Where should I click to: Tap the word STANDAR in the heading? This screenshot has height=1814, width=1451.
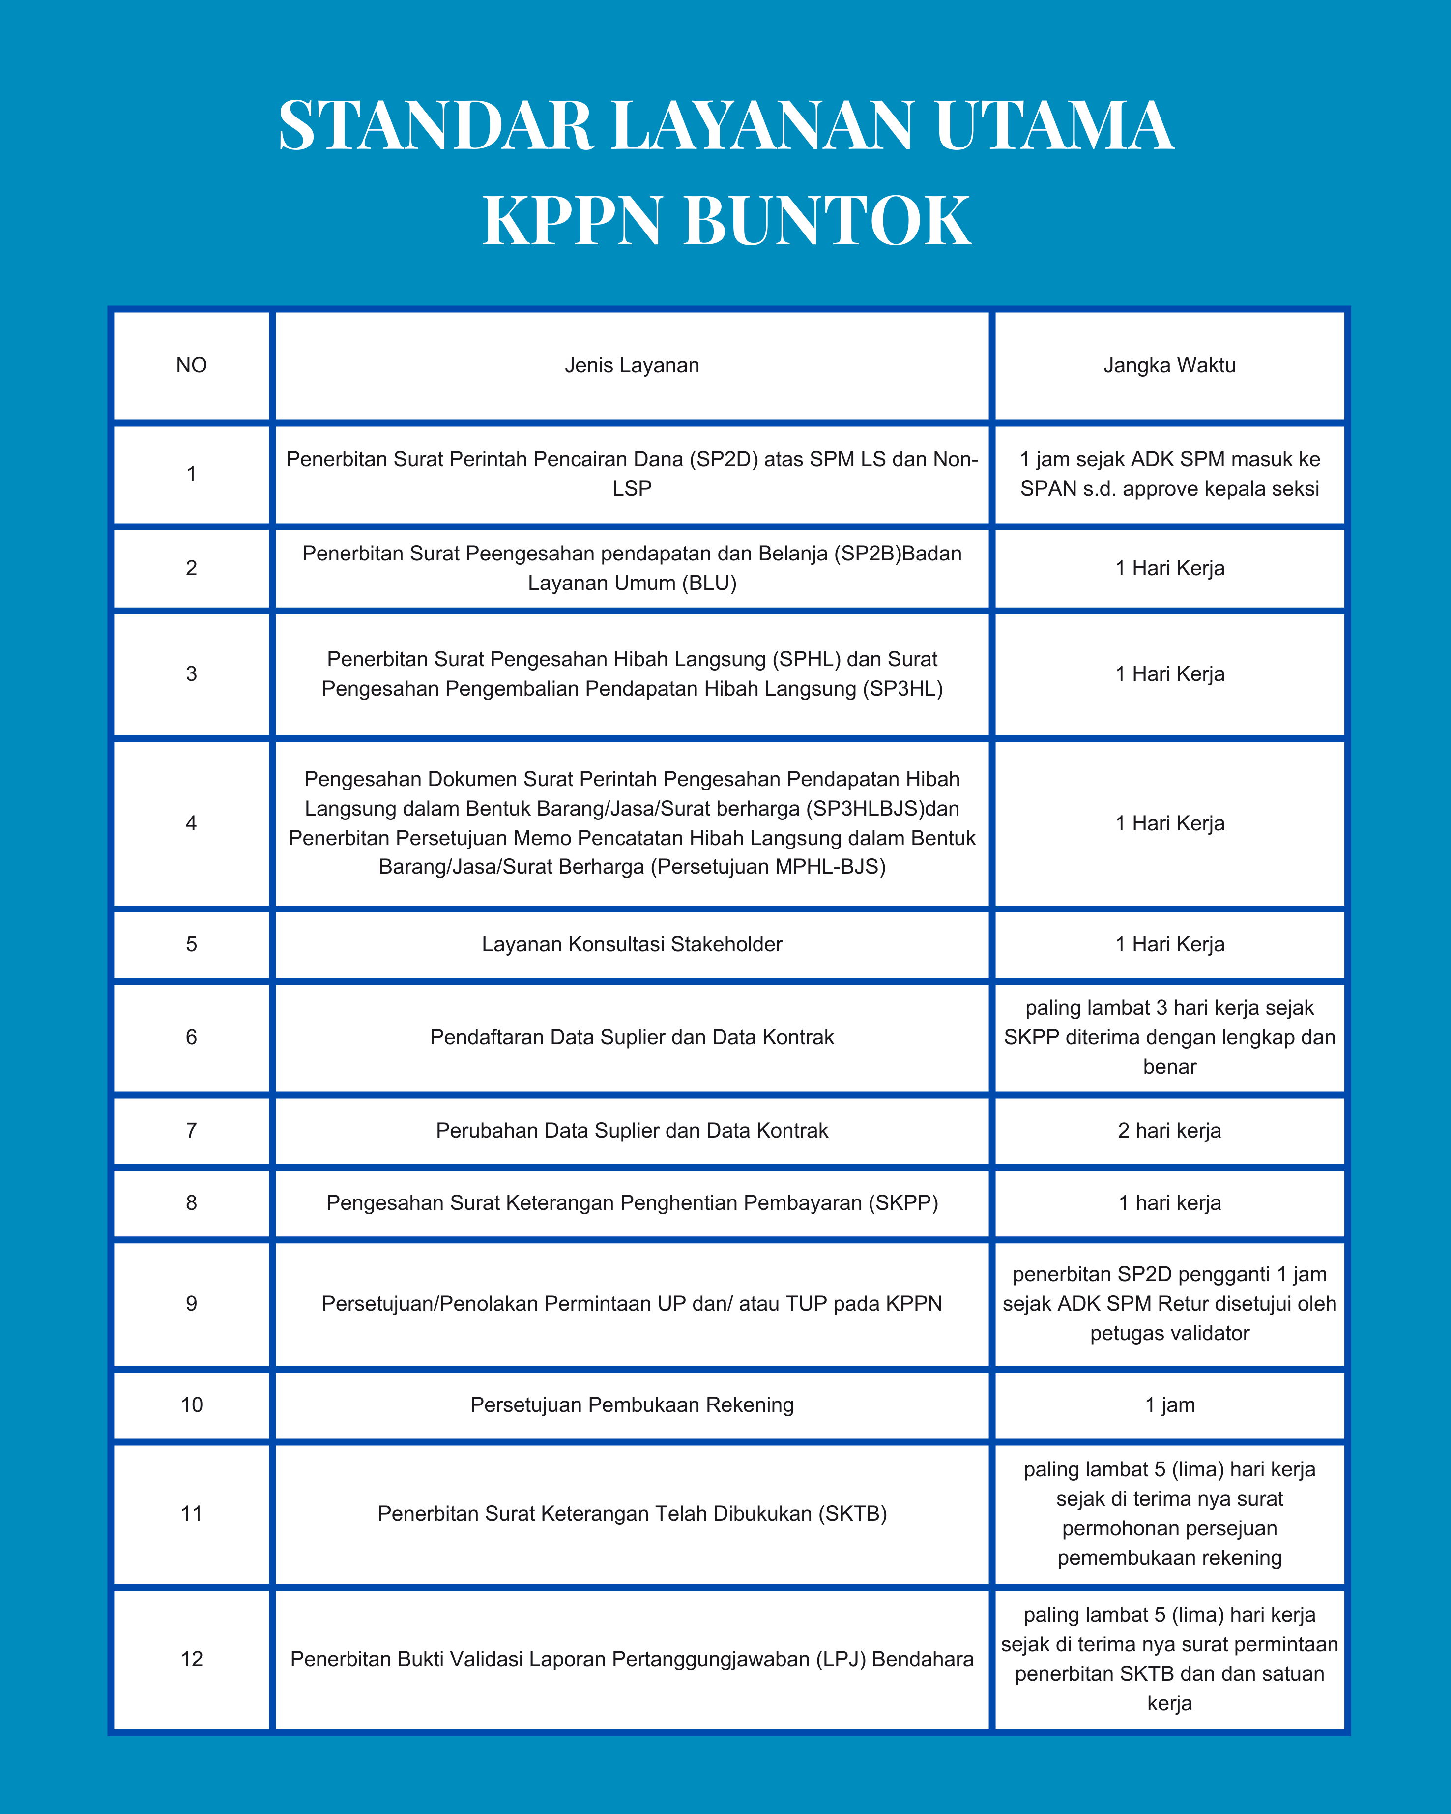pyautogui.click(x=435, y=126)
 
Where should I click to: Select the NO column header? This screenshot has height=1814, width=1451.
pyautogui.click(x=192, y=365)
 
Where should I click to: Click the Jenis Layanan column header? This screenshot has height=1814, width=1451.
pyautogui.click(x=632, y=365)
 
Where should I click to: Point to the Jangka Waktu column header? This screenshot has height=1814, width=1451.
pyautogui.click(x=1169, y=365)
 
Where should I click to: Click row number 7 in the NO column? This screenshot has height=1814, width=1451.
pyautogui.click(x=192, y=1130)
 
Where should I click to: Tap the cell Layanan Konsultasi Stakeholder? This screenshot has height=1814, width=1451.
pyautogui.click(x=632, y=944)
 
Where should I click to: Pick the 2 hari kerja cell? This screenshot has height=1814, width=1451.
pyautogui.click(x=1169, y=1130)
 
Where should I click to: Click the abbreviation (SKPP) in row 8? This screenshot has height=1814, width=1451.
pyautogui.click(x=906, y=1202)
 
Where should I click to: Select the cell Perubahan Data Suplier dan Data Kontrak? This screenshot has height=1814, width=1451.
pyautogui.click(x=632, y=1130)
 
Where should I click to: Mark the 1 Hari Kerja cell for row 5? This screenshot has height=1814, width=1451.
pyautogui.click(x=1169, y=944)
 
